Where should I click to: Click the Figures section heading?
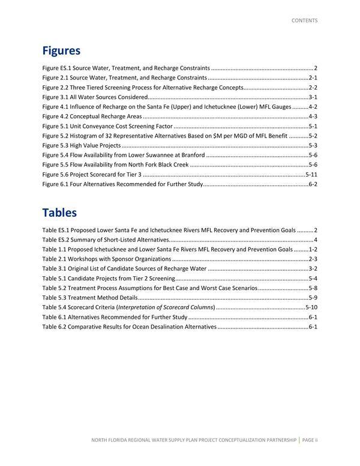point(61,50)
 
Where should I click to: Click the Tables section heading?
point(59,213)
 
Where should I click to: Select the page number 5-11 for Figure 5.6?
point(311,174)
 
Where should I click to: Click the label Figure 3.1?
point(54,97)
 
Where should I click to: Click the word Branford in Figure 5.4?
point(188,155)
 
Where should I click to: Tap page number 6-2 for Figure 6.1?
point(313,184)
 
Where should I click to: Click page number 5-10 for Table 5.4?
point(311,307)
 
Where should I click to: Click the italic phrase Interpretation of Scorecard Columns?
point(169,307)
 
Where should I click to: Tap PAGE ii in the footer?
point(310,440)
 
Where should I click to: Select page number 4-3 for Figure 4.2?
point(313,116)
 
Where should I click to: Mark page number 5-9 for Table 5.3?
point(313,297)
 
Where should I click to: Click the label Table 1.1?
point(53,249)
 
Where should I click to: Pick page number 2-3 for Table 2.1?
point(313,259)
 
